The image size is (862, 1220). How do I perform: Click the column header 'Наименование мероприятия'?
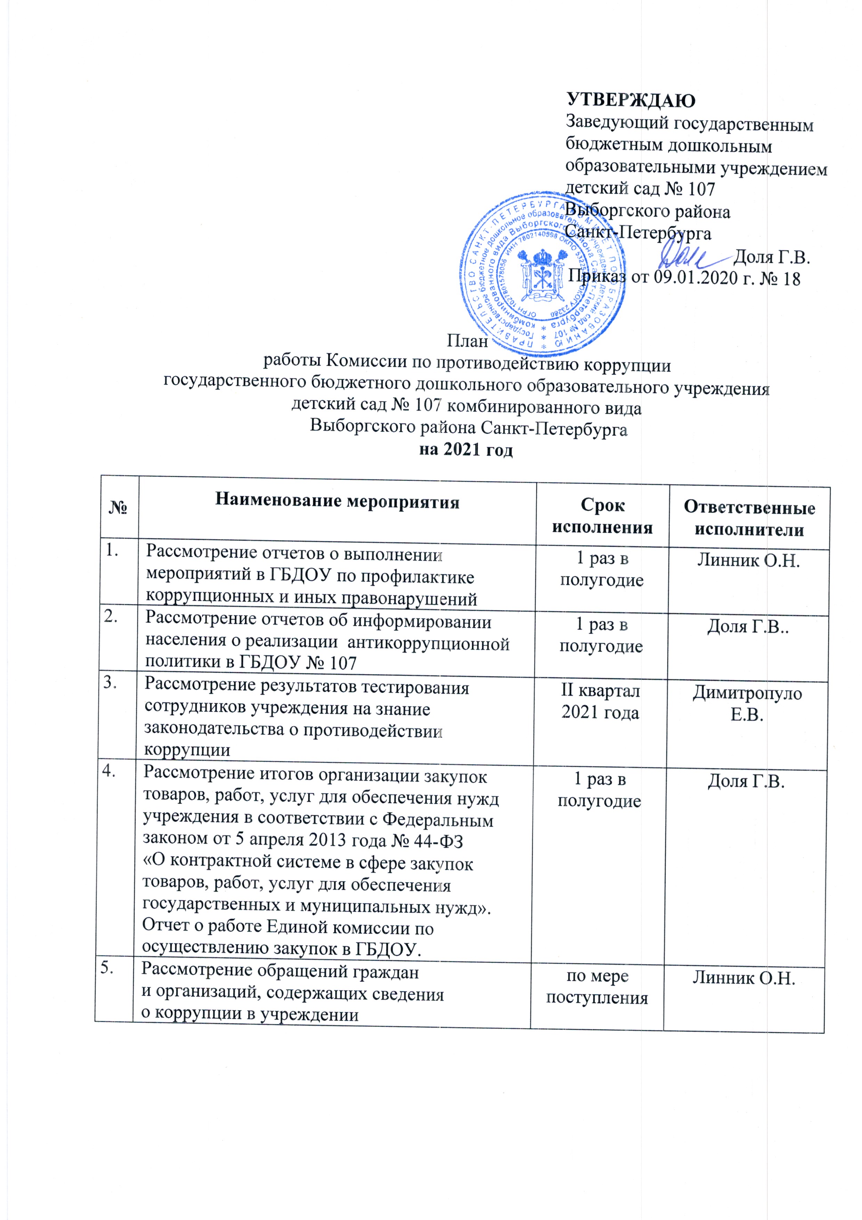[x=337, y=501]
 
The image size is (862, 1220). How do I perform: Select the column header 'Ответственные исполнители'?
[x=749, y=519]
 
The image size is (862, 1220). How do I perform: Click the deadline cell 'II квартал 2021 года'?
[x=600, y=701]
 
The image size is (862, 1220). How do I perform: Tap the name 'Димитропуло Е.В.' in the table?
[x=747, y=704]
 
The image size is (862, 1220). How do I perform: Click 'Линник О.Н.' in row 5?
[x=743, y=979]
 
